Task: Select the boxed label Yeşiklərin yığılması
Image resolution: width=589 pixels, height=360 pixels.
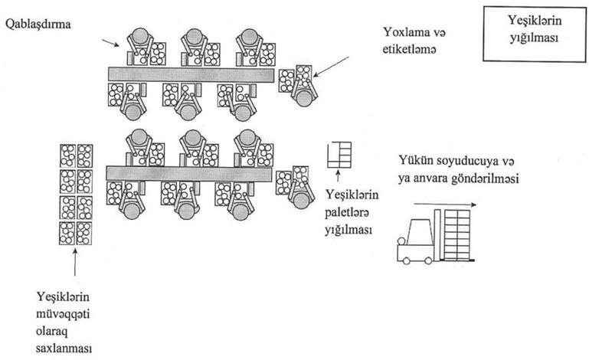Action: click(529, 34)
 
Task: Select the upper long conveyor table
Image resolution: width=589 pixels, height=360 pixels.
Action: click(191, 74)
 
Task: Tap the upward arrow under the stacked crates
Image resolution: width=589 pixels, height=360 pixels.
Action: click(75, 263)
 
